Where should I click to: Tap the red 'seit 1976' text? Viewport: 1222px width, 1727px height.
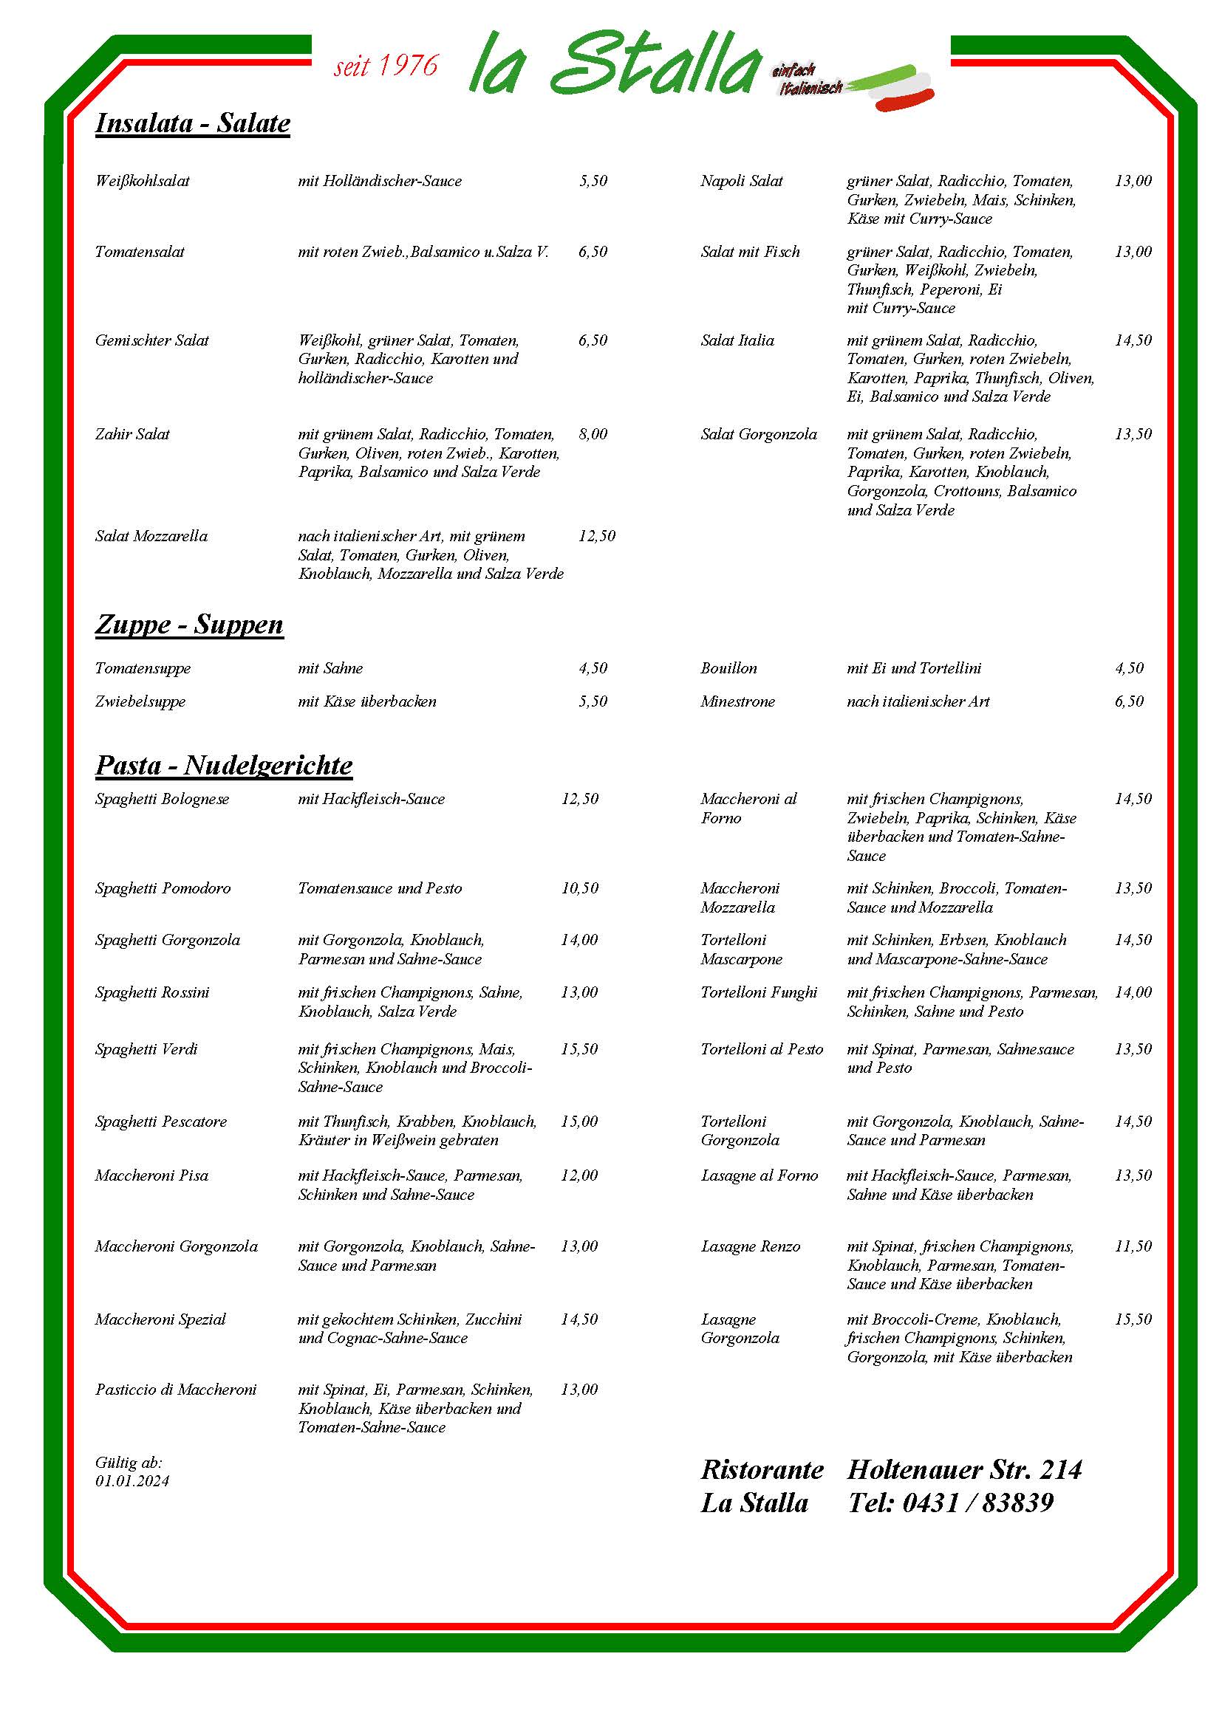385,66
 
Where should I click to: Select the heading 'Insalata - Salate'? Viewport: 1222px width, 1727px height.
193,123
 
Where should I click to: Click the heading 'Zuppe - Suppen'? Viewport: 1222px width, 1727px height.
189,625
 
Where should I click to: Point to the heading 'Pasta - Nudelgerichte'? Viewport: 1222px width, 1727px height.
223,765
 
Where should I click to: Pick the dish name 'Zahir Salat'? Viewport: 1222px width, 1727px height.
132,434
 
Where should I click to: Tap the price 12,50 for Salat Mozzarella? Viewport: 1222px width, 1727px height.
597,536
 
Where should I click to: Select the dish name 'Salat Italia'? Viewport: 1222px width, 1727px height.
737,340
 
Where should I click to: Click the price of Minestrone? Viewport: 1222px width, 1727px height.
1129,701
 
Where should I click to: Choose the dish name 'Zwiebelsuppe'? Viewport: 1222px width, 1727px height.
140,701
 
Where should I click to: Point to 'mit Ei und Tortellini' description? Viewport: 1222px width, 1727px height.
913,668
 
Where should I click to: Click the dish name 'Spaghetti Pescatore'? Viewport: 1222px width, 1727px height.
161,1122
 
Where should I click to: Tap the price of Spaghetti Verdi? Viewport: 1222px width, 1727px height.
579,1049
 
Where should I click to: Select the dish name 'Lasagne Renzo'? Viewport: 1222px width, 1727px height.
750,1246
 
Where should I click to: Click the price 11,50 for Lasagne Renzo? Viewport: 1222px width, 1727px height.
1133,1246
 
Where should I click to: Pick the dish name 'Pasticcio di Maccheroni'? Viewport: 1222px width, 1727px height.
175,1390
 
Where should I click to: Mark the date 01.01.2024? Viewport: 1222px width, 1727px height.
132,1481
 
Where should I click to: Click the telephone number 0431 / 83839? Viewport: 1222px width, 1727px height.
977,1503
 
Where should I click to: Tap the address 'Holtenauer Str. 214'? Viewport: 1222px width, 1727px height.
965,1469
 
